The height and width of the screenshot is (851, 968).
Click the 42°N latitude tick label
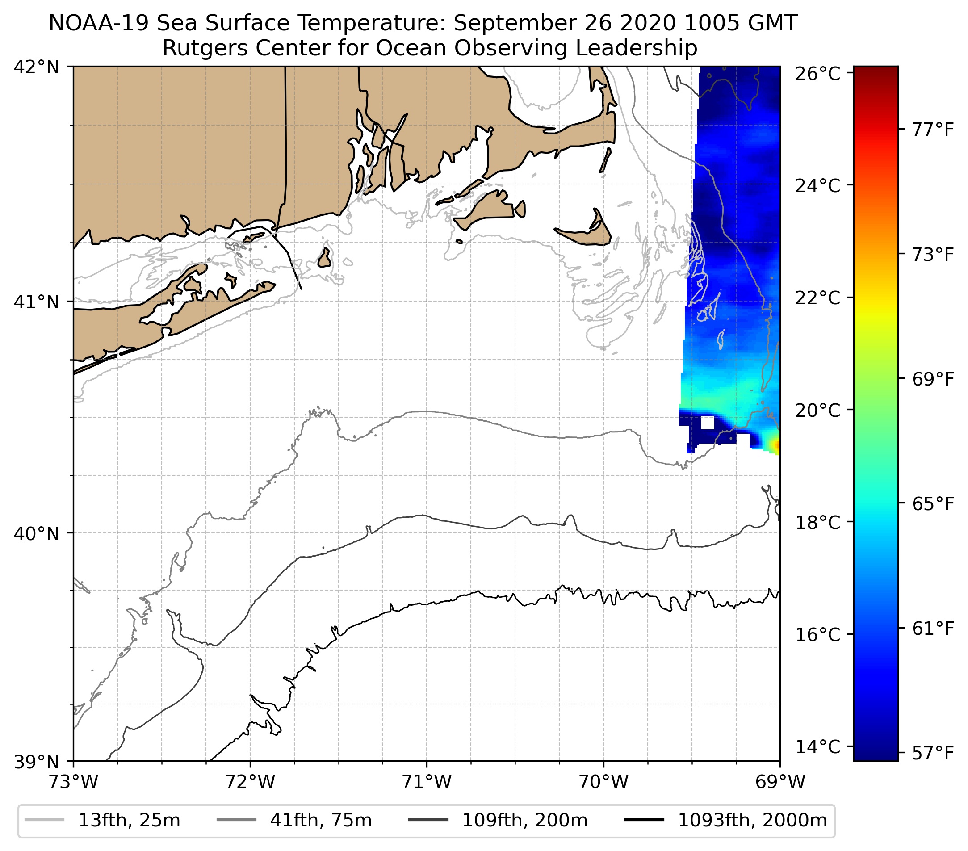tap(37, 67)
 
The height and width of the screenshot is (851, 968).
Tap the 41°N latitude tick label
tap(37, 301)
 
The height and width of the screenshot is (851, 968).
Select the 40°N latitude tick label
tap(37, 533)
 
